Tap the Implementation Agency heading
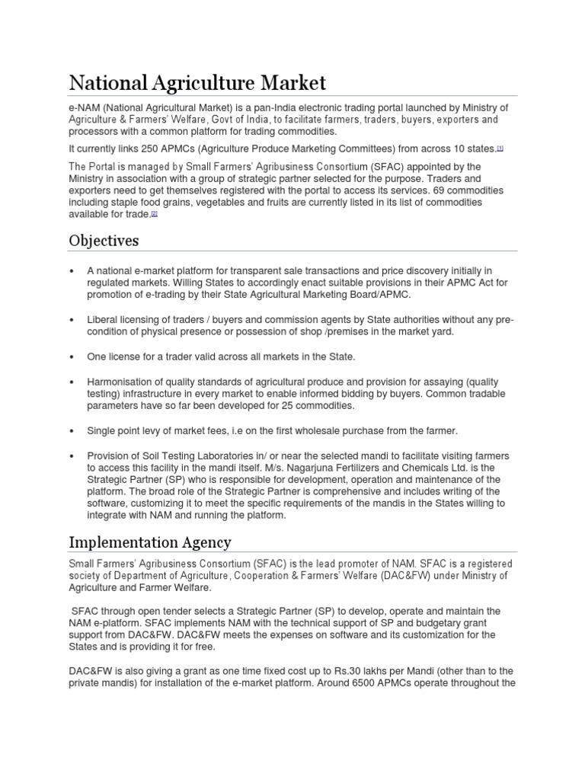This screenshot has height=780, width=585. tap(150, 542)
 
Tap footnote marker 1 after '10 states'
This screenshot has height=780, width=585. tap(500, 148)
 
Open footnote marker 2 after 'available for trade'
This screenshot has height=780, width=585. tap(154, 214)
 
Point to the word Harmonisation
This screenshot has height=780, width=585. tap(123, 381)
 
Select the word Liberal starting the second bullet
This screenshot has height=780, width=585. tap(103, 320)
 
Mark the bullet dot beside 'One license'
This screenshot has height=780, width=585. tap(71, 356)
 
